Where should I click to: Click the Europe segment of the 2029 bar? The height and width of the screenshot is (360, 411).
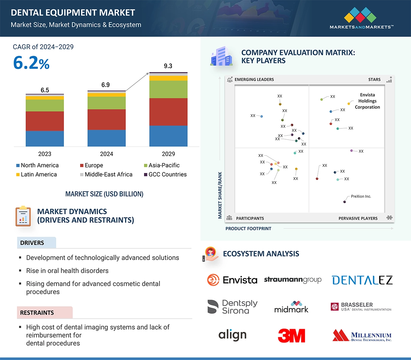(x=168, y=112)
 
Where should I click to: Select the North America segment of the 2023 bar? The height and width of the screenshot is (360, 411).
(x=45, y=139)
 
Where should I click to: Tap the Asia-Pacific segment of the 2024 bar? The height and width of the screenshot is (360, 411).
(x=106, y=103)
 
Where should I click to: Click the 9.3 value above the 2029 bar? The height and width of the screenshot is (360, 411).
(x=168, y=66)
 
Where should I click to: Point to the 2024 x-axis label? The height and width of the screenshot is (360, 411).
(x=106, y=154)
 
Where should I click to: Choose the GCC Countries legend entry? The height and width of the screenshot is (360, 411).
(x=165, y=174)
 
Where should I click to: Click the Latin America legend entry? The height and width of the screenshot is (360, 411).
(x=36, y=174)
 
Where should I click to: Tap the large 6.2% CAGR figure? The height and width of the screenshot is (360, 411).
(x=31, y=63)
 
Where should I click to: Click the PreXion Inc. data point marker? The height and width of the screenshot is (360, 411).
(x=345, y=202)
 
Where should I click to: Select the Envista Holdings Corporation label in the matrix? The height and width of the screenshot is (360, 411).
(x=367, y=101)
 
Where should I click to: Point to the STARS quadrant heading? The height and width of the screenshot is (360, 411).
(x=374, y=79)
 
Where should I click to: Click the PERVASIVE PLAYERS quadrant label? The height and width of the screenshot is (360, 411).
(x=358, y=218)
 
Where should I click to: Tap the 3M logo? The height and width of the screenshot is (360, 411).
(x=292, y=335)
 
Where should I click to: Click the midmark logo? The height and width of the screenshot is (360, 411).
(x=291, y=307)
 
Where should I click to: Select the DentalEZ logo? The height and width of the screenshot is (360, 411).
(x=362, y=280)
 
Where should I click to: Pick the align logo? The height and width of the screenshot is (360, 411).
(x=232, y=335)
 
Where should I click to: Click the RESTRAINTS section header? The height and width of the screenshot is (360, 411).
(x=37, y=313)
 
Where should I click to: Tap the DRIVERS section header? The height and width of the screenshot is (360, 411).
(x=32, y=243)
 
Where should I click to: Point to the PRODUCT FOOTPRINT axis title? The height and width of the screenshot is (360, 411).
(x=248, y=228)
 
